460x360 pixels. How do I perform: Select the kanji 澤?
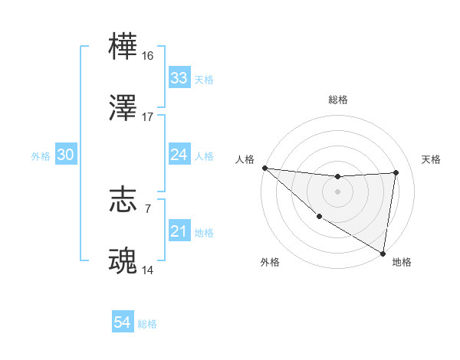123,109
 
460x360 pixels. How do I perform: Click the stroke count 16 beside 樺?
148,56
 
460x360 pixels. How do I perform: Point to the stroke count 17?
148,117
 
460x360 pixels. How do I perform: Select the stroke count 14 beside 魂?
148,270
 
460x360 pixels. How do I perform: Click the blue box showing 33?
179,78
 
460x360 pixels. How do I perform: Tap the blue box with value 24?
179,155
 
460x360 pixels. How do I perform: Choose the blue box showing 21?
179,231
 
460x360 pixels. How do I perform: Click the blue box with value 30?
65,155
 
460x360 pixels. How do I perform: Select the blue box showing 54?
123,322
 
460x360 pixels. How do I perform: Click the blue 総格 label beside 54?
147,324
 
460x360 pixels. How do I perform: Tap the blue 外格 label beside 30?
41,156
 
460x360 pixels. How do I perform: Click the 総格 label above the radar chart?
337,100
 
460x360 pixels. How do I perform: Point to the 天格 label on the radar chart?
431,159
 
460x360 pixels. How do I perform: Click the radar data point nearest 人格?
264,168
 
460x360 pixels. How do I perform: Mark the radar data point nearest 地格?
383,253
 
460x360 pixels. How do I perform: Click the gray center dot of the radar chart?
337,191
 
